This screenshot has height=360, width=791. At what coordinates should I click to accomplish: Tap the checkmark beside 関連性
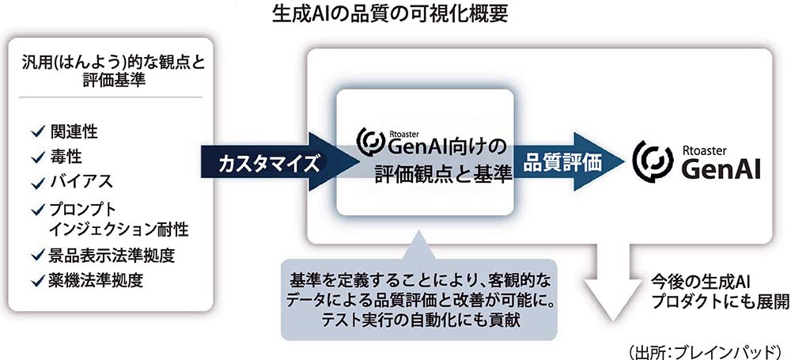[x=37, y=132]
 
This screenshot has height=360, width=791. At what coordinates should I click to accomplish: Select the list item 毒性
[x=66, y=157]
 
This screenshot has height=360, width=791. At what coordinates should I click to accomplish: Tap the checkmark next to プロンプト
[x=37, y=209]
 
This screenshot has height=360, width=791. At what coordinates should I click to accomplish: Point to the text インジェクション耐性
[x=119, y=230]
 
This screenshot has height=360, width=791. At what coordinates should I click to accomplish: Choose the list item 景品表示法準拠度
[x=112, y=256]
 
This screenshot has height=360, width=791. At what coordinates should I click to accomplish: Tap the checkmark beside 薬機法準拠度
[x=37, y=282]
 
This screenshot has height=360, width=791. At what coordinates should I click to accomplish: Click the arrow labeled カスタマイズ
[x=280, y=161]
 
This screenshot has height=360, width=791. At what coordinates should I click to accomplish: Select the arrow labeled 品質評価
[x=570, y=161]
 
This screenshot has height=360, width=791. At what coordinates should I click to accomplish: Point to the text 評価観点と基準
[x=444, y=174]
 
